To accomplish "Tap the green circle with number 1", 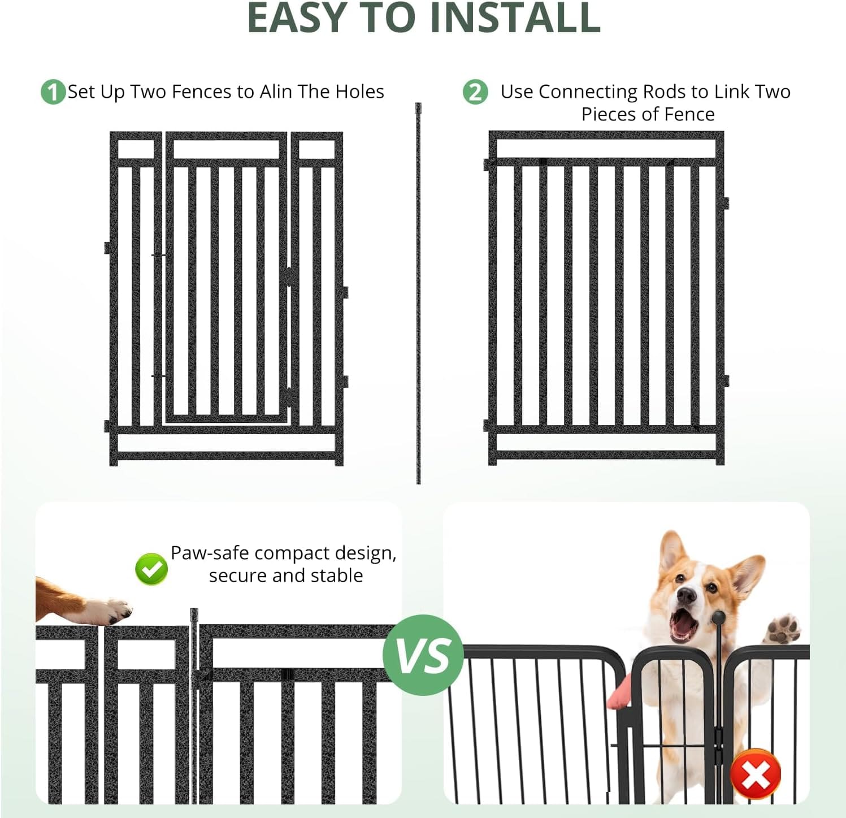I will click(x=53, y=92).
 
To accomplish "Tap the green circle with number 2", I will click(x=475, y=92).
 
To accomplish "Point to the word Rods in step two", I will click(x=664, y=92).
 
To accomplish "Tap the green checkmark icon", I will click(x=151, y=569).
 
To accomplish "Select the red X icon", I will click(x=756, y=774).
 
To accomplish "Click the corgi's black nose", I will click(x=687, y=595).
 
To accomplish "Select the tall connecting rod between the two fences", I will click(x=418, y=294).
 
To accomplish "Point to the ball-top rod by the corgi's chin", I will click(x=718, y=619).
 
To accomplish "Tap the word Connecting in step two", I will click(x=588, y=92).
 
